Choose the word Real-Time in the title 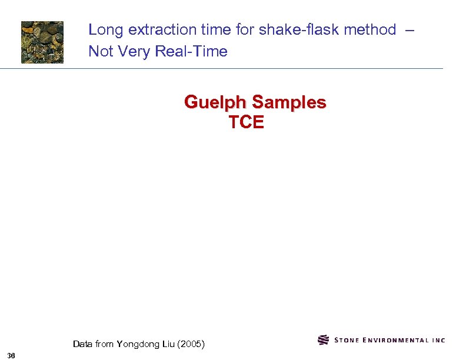click(x=191, y=52)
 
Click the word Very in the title click(x=134, y=52)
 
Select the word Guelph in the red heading click(x=215, y=102)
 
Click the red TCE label click(x=247, y=122)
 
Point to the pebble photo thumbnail click(x=42, y=42)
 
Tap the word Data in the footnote click(x=82, y=344)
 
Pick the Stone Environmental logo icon click(x=323, y=340)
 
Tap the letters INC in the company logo click(x=438, y=340)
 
